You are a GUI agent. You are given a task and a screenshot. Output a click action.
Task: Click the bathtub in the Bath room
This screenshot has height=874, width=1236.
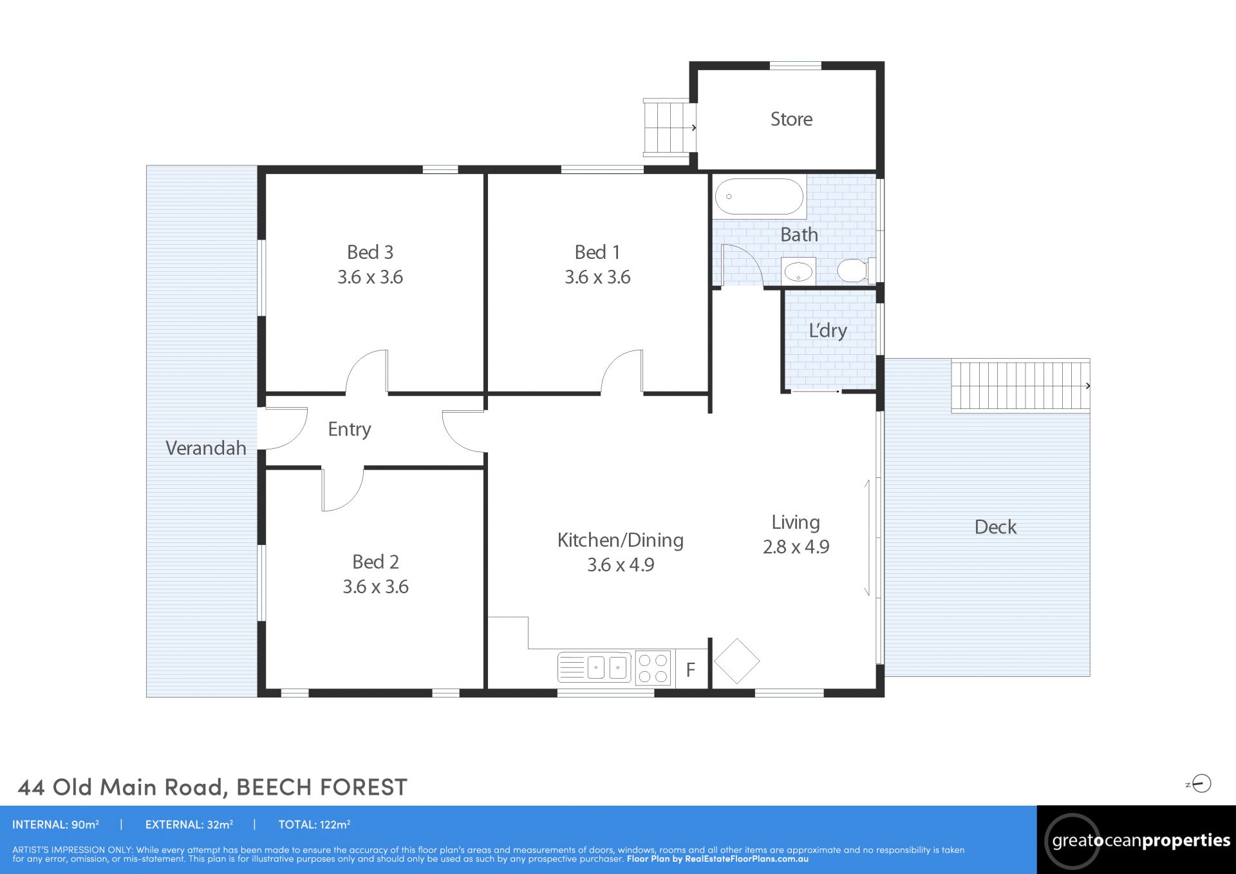pos(760,196)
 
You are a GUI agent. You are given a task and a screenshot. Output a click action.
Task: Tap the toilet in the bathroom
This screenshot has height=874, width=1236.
pos(856,270)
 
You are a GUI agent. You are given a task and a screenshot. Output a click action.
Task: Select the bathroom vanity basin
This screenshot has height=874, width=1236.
pos(798,271)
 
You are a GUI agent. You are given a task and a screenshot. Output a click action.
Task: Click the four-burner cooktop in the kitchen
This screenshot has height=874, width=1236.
pos(653,667)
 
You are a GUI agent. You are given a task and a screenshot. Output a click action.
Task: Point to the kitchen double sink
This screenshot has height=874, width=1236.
pos(595,667)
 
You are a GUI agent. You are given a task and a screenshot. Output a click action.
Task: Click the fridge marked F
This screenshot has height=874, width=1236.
pos(691,669)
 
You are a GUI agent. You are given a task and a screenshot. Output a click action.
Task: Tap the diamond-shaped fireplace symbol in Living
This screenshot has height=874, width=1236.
pos(736,661)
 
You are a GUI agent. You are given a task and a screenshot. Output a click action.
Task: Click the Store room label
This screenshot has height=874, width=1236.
pos(791,119)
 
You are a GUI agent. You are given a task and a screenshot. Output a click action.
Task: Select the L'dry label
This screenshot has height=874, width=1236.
pos(828,330)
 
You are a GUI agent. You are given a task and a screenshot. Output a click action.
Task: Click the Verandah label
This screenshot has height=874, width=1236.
pos(206,448)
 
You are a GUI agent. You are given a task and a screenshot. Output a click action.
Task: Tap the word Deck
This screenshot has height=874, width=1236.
pos(995,527)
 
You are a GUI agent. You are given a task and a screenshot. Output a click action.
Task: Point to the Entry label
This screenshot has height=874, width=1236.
pos(350,430)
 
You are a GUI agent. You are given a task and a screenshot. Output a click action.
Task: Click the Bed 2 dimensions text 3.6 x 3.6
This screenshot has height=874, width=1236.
pos(375,587)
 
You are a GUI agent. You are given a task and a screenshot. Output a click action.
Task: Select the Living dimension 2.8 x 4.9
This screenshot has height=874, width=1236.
pos(796,547)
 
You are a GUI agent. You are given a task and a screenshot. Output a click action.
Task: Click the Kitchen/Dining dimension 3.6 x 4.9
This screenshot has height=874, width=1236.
pos(621,565)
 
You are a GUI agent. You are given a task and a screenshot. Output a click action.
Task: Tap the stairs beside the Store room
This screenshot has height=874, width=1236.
pos(669,127)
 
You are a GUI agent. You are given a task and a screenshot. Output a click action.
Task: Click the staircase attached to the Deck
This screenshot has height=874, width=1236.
pos(1020,385)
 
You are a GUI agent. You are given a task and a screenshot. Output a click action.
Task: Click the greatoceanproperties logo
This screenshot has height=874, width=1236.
pos(1136,841)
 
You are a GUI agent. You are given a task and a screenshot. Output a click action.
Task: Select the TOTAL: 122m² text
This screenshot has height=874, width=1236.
pos(314,824)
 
